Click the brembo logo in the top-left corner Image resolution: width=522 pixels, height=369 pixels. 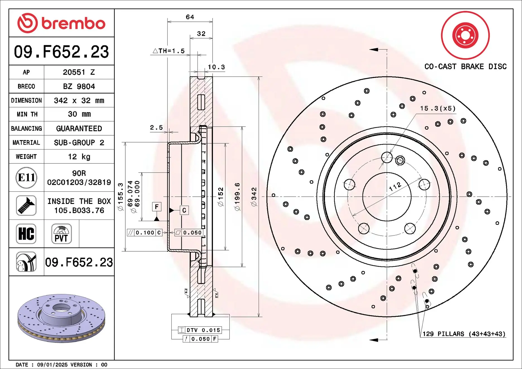point(61,23)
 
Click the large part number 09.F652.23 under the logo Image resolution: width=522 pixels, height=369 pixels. point(61,52)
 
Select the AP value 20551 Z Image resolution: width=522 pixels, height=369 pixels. point(79,72)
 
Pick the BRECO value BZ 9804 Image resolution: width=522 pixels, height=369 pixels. point(79,86)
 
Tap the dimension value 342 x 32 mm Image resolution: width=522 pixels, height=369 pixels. point(79,100)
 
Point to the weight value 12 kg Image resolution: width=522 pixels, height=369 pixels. point(79,157)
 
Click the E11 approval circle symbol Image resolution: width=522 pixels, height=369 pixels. point(26,178)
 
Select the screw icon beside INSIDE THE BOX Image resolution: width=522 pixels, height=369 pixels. point(26,206)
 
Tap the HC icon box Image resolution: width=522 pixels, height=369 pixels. point(26,234)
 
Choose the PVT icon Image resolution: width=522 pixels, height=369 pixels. point(61,234)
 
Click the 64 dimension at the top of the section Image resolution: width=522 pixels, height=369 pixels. point(190,17)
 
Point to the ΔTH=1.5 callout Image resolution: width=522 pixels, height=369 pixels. point(169,51)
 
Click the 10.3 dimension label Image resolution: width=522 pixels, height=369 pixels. point(216,67)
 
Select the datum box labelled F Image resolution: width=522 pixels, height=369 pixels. point(157,207)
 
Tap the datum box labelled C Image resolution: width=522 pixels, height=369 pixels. point(184,210)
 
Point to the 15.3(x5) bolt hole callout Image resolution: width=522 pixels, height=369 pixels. point(438,108)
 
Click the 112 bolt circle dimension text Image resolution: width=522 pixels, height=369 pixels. point(395,187)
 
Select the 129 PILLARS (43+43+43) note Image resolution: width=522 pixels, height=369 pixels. point(463,334)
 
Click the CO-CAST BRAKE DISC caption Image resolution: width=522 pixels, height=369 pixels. point(465,67)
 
